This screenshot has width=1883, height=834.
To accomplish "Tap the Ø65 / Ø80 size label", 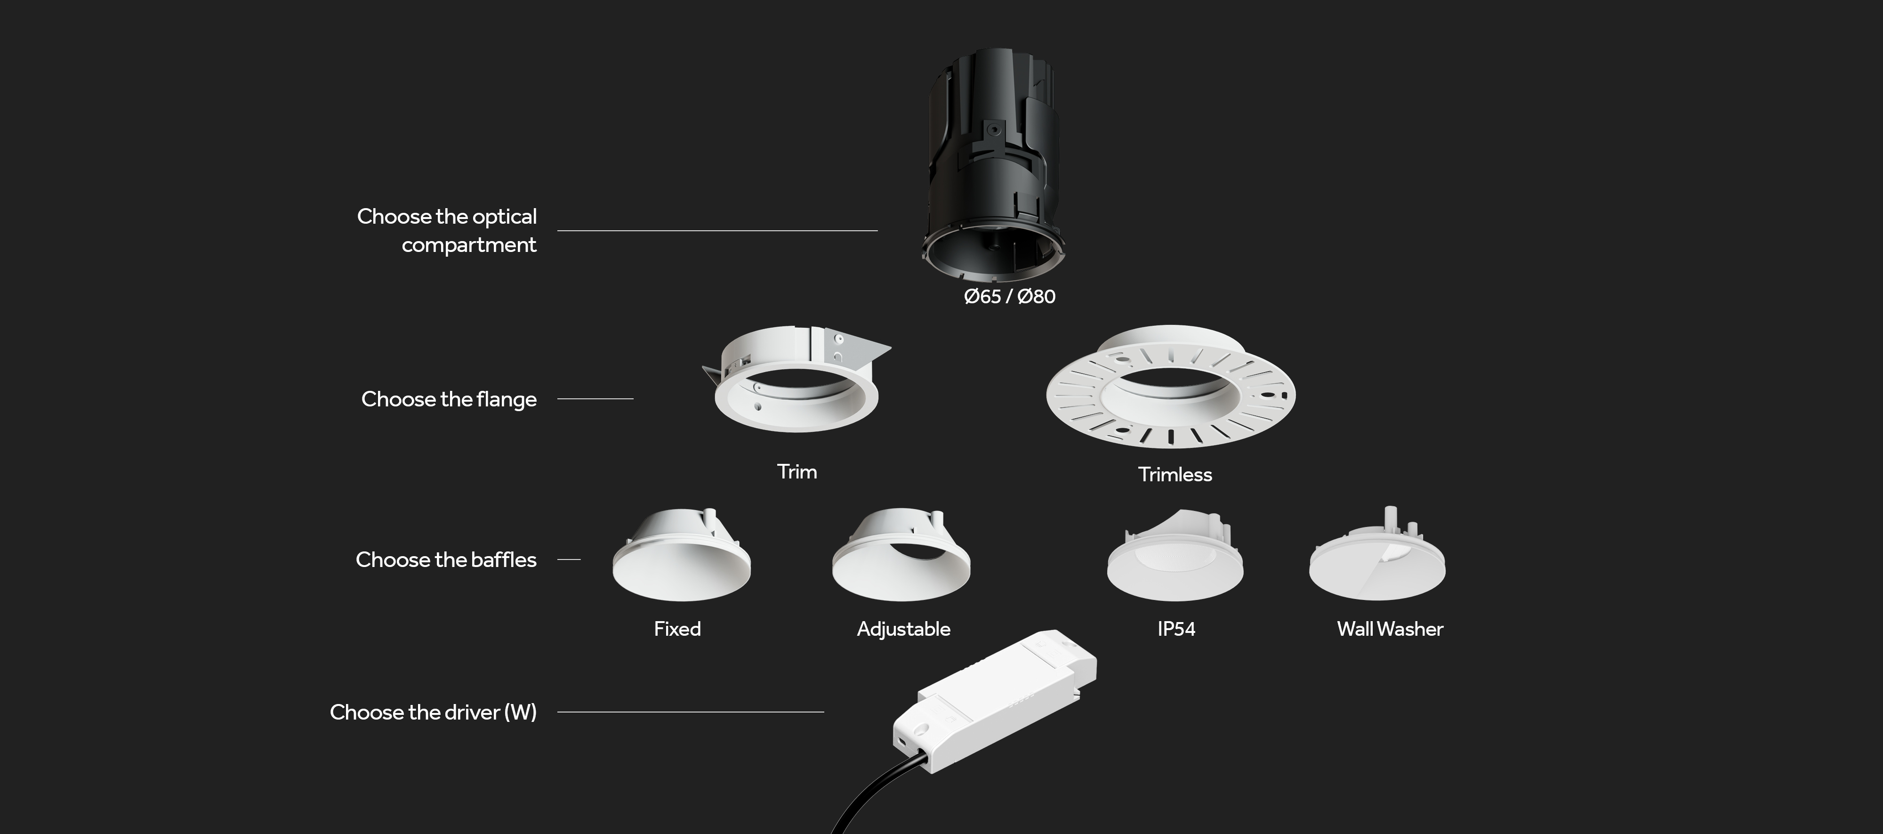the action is coord(1009,296).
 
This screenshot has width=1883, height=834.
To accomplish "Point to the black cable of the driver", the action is coord(874,797).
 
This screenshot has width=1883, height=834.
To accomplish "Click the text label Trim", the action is coord(797,471).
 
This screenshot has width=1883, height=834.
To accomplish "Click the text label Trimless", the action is coord(1175,474).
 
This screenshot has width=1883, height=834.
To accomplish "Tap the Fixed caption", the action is coord(677,629).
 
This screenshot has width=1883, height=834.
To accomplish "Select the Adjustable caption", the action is coord(903,629).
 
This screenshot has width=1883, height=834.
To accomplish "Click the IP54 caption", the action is coord(1176,629).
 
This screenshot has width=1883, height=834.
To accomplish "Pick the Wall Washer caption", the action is coord(1390,629).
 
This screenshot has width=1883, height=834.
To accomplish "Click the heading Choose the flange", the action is coord(449,399).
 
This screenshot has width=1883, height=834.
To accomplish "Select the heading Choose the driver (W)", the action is coord(434,712).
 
